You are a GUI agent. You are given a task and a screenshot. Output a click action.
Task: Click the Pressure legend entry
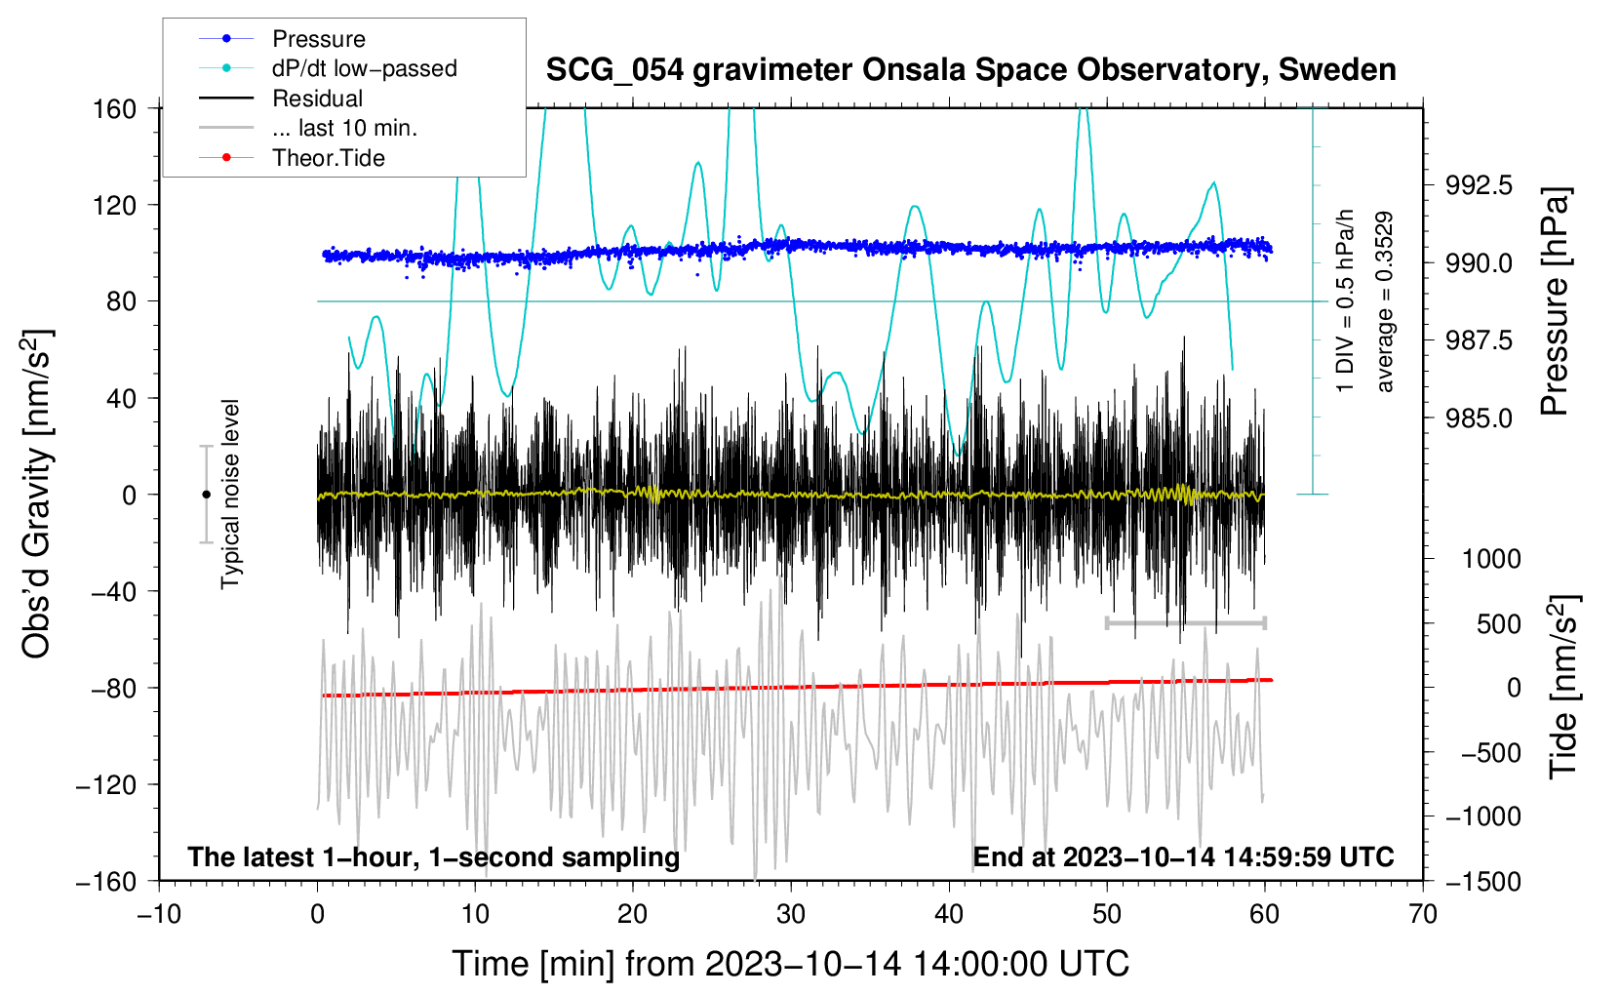coord(318,39)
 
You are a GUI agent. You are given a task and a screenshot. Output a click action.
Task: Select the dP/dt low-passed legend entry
coord(364,68)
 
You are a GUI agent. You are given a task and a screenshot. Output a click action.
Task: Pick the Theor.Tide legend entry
coord(328,158)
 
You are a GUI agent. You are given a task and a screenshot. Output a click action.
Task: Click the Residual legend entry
coord(317,99)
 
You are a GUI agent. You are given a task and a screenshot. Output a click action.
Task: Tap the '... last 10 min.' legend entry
coord(344,128)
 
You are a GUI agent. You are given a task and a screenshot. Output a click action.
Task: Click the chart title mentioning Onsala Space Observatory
coord(970,70)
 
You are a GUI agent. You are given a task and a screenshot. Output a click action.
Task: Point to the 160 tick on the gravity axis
coord(115,108)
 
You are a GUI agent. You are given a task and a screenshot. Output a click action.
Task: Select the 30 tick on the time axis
coord(791,914)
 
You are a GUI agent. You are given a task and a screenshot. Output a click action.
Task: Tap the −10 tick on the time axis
coord(159,914)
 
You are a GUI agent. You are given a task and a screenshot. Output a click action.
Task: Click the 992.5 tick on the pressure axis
coord(1479,185)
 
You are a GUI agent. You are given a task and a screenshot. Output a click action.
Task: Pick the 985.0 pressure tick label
coord(1479,418)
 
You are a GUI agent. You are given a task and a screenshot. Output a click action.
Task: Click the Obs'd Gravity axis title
coord(36,494)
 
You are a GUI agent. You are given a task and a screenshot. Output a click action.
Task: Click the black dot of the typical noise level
coord(206,495)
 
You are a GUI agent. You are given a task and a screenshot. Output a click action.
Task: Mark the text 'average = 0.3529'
coord(1384,302)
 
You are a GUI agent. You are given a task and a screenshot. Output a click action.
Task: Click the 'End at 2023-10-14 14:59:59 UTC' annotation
coord(1183,856)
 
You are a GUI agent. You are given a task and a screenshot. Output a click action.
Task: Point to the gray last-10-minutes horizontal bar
coord(1185,622)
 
